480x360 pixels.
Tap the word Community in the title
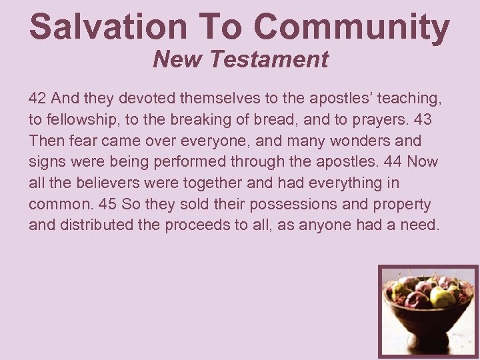[x=351, y=27]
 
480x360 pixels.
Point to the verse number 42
[x=37, y=98]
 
